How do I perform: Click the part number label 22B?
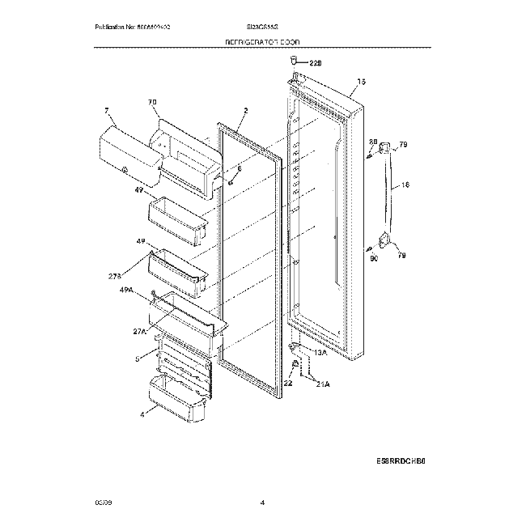click(x=316, y=62)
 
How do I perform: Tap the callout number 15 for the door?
click(x=362, y=82)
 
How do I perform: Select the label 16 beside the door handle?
click(x=405, y=185)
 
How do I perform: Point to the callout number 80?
click(x=372, y=142)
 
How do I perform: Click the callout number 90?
click(x=373, y=259)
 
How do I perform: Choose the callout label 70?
click(x=151, y=102)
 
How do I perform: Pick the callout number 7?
click(x=106, y=109)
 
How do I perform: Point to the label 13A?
click(x=320, y=353)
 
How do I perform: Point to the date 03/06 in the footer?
click(x=103, y=504)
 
